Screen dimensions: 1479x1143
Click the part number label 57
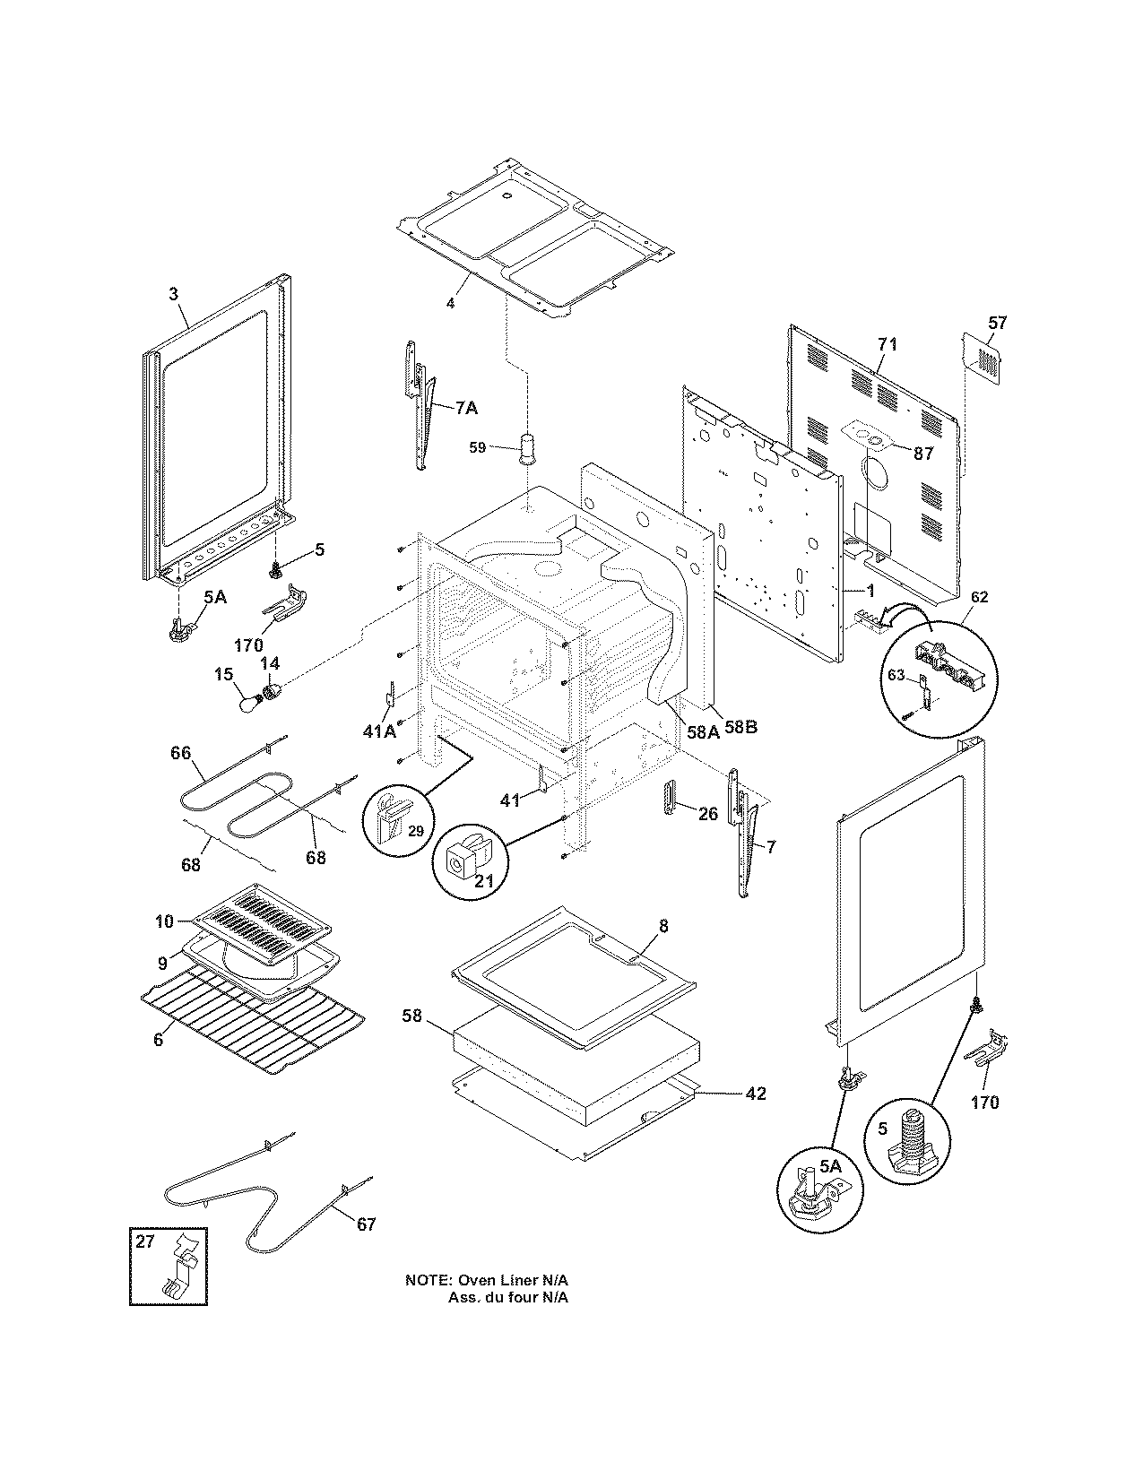998,323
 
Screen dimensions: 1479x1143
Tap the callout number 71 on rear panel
887,344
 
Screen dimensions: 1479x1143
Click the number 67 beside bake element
366,1224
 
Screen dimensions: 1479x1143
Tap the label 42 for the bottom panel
755,1094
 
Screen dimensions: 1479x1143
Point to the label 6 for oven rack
159,1040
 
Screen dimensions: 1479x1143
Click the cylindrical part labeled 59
525,446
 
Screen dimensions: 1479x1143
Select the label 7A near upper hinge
466,409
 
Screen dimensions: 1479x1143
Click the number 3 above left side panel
173,293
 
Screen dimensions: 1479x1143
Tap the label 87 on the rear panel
923,454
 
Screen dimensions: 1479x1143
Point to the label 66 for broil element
181,753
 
